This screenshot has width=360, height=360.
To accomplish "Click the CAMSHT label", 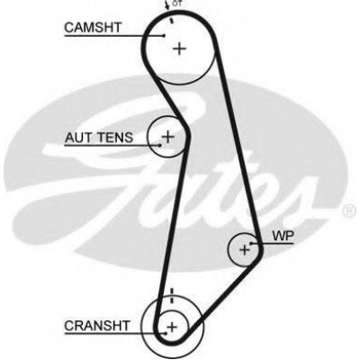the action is click(x=93, y=27).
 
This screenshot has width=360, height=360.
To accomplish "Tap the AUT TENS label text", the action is click(x=99, y=138).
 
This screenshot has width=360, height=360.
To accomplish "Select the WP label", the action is click(x=283, y=236).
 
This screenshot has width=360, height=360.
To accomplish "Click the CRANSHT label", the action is click(x=97, y=326).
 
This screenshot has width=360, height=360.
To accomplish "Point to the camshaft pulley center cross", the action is click(x=179, y=49).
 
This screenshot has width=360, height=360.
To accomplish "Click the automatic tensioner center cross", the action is click(x=168, y=137).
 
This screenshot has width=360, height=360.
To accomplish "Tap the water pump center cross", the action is click(x=245, y=249).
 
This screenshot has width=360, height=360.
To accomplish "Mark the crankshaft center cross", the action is click(x=172, y=327).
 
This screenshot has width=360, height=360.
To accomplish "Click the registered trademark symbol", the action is click(x=349, y=211).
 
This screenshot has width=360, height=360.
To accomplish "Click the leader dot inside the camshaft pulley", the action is click(x=164, y=35).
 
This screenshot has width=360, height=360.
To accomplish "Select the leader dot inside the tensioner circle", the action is click(x=160, y=145).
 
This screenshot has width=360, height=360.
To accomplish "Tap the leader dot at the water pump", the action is click(x=251, y=243).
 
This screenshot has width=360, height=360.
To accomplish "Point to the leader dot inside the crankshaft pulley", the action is click(x=165, y=332).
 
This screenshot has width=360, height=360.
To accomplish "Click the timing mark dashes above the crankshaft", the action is click(x=172, y=295).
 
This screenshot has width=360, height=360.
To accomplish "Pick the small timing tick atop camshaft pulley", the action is click(x=172, y=21).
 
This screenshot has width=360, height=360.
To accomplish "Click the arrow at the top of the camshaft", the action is click(x=166, y=5).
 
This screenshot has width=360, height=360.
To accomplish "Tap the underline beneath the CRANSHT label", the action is click(x=114, y=333).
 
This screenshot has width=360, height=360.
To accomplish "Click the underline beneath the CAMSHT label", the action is click(x=114, y=36).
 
